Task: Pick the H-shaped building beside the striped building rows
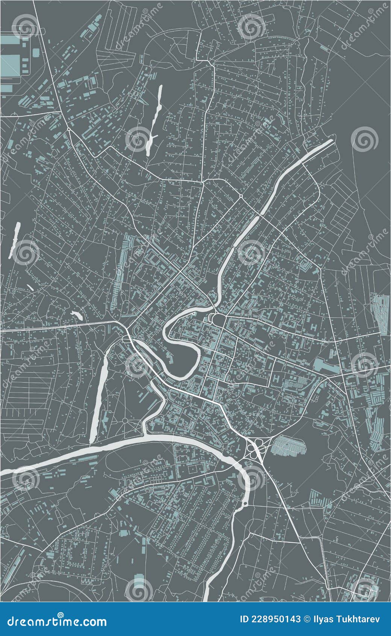click(x=277, y=377)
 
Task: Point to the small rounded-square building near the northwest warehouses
click(x=36, y=52)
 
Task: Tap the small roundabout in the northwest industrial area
click(x=69, y=129)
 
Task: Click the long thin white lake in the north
click(x=155, y=120)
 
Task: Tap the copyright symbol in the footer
click(x=308, y=619)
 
